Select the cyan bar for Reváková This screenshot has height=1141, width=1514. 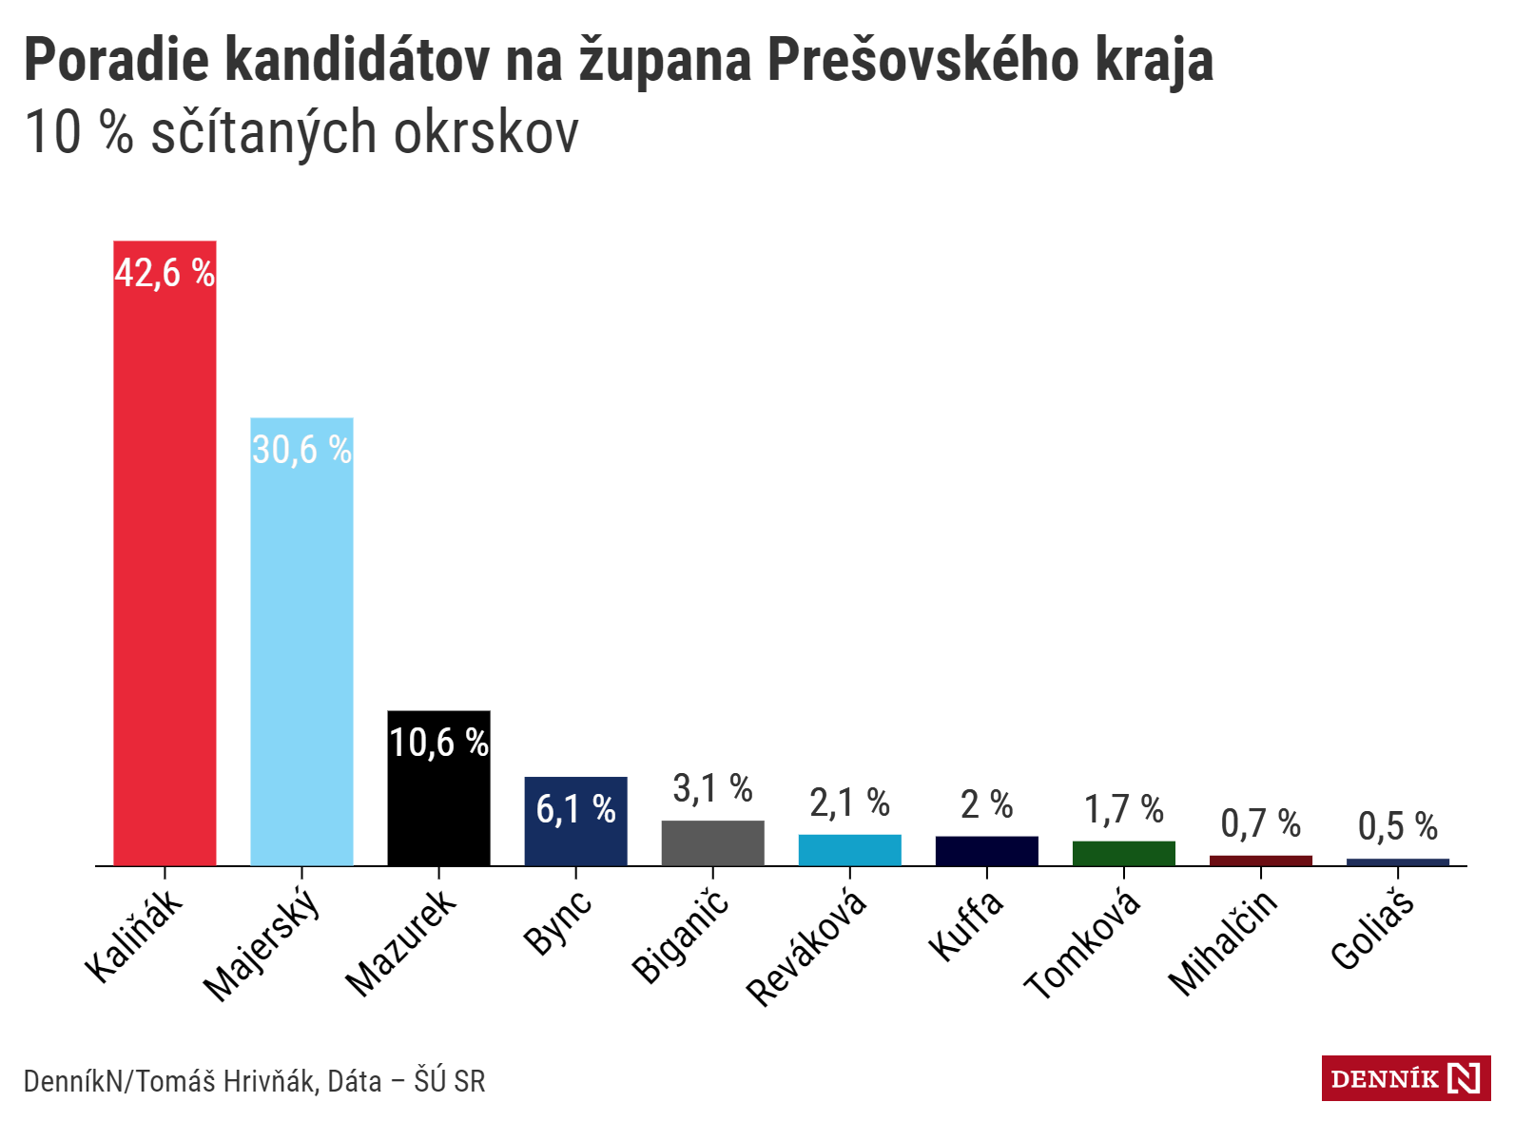pos(849,850)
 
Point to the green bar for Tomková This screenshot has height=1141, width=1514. pos(1123,853)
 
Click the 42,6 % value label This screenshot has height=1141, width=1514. pos(165,274)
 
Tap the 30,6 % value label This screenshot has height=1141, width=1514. pos(301,450)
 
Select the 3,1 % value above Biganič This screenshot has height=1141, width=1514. pos(712,789)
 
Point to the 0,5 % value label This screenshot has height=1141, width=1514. pos(1397,827)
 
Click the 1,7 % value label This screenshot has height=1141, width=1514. pos(1123,810)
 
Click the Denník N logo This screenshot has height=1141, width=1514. pos(1406,1078)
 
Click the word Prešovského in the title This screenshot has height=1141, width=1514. pos(922,60)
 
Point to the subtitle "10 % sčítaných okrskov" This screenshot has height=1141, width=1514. pos(301,132)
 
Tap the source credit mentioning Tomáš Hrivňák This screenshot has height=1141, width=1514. pos(254,1081)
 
